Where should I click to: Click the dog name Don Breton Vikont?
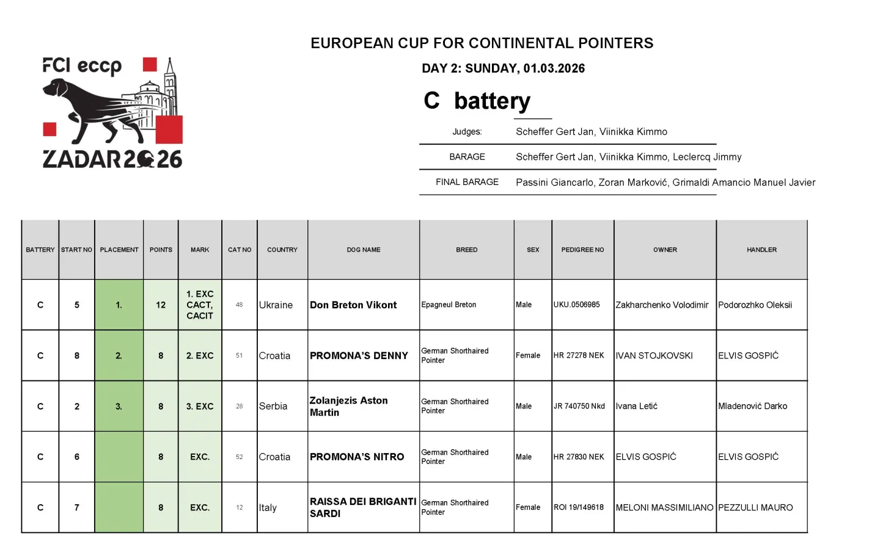[x=353, y=305]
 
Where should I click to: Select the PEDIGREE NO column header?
[x=582, y=250]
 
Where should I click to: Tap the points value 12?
[x=161, y=305]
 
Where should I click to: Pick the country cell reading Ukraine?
[x=276, y=305]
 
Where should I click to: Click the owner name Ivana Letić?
[x=637, y=406]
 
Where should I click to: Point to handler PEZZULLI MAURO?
[x=755, y=507]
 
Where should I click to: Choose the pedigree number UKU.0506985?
[x=577, y=305]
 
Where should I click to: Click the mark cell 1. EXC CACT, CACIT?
[x=200, y=305]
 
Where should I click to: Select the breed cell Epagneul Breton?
[x=449, y=305]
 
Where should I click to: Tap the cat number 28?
[x=240, y=406]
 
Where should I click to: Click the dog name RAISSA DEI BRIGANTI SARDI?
[x=362, y=507]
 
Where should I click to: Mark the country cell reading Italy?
[x=268, y=507]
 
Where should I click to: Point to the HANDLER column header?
[x=761, y=250]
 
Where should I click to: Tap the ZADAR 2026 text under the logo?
[x=112, y=159]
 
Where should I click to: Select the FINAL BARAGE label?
[x=467, y=182]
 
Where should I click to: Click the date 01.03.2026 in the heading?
[x=554, y=68]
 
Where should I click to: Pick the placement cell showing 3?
[x=119, y=406]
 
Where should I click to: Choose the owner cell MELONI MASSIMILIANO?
[x=664, y=507]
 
